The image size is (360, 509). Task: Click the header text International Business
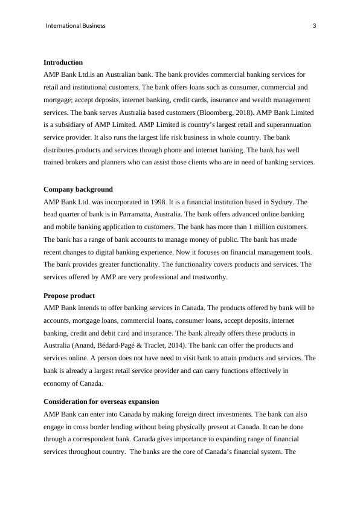76,26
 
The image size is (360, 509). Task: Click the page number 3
315,26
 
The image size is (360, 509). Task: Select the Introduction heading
63,62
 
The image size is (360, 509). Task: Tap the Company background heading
78,189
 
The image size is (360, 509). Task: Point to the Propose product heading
69,296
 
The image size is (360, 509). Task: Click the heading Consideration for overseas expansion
101,401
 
